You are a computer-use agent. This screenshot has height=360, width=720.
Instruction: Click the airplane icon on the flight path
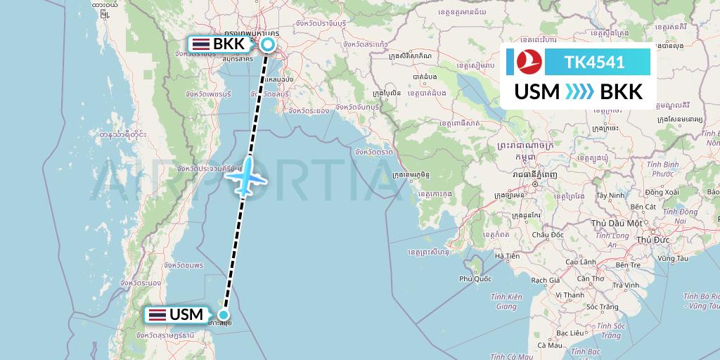246,176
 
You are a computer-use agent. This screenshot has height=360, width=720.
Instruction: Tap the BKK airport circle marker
268,45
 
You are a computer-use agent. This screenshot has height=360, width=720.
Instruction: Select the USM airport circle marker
224,315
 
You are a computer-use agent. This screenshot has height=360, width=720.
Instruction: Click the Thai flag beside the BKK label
200,45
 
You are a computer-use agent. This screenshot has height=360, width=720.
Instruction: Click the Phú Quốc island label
475,278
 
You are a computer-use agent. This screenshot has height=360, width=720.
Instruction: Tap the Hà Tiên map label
507,256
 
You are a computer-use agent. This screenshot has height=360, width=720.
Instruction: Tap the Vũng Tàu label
674,258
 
